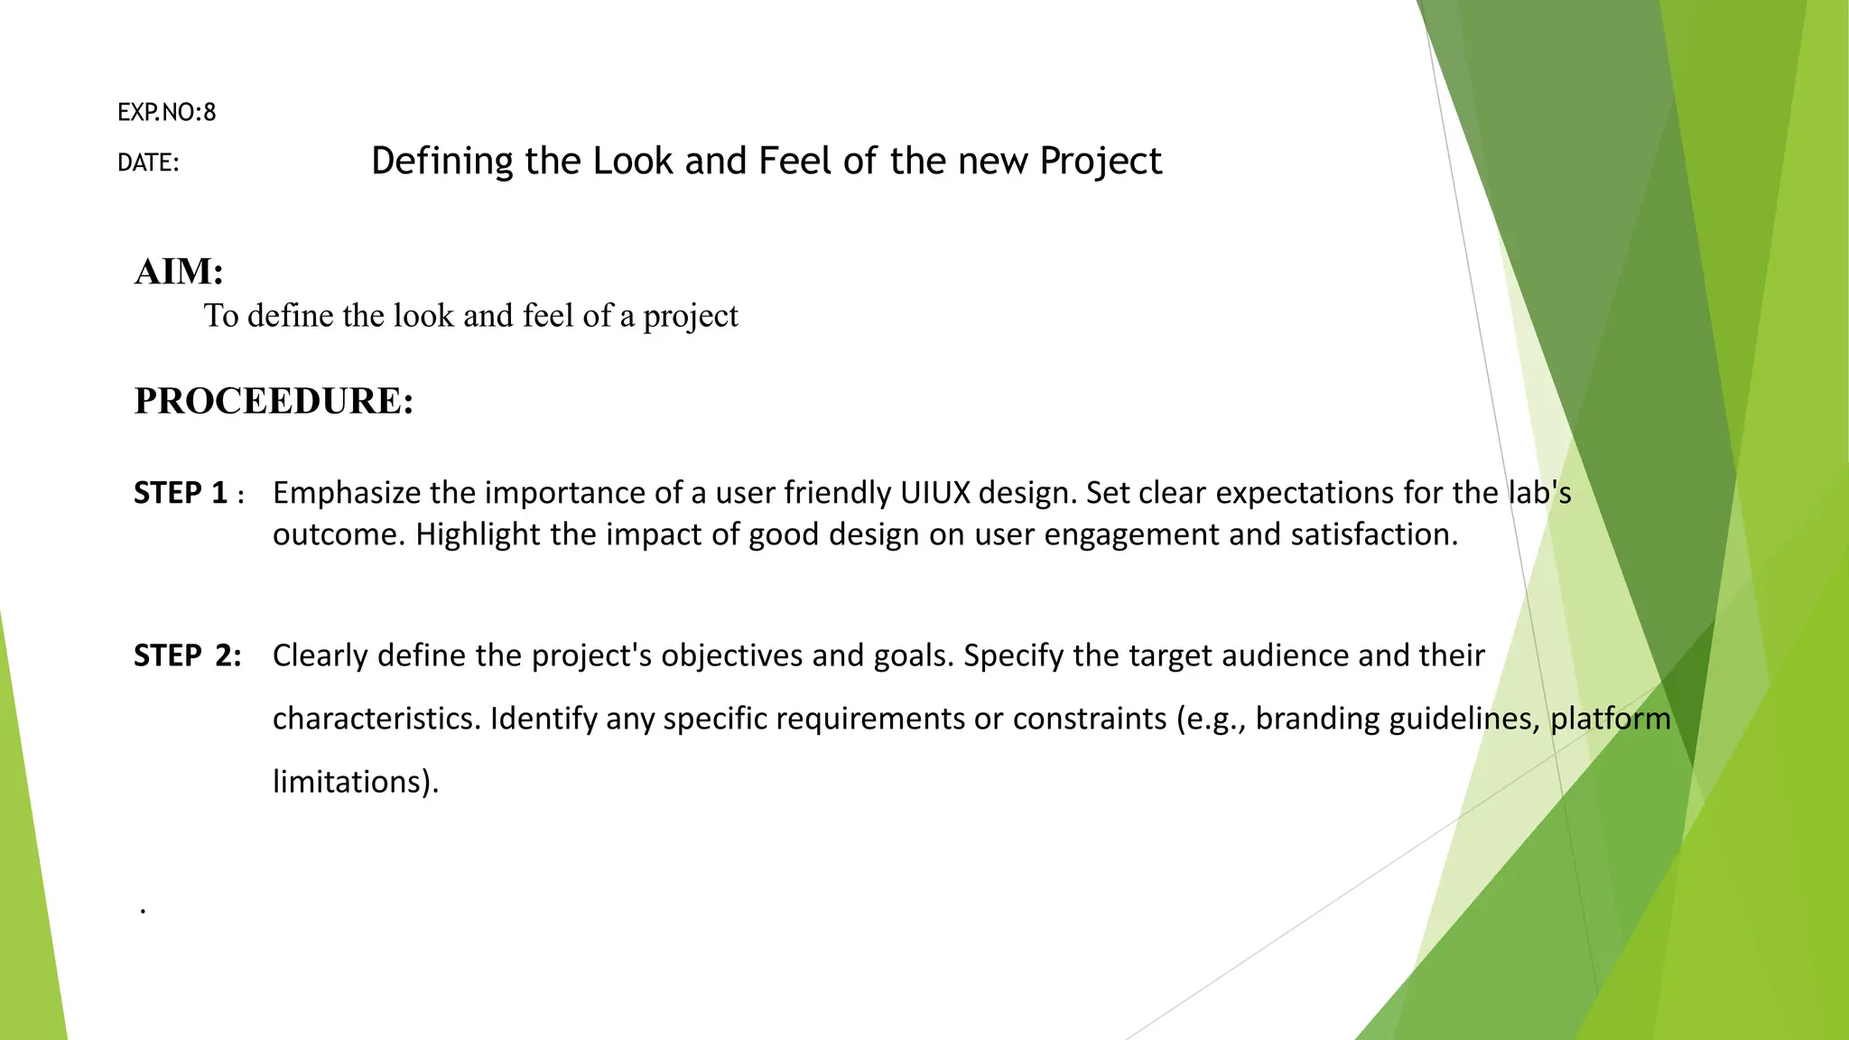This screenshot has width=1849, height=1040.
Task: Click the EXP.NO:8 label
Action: pyautogui.click(x=166, y=113)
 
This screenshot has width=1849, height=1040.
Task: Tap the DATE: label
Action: pyautogui.click(x=148, y=163)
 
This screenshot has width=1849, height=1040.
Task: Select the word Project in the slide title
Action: pyautogui.click(x=1100, y=162)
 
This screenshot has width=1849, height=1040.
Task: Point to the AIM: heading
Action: pyautogui.click(x=179, y=272)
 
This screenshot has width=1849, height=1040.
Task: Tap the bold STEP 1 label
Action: pyautogui.click(x=181, y=493)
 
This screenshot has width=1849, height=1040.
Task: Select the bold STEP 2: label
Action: pyautogui.click(x=188, y=655)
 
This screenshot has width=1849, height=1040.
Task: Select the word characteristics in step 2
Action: pyautogui.click(x=376, y=719)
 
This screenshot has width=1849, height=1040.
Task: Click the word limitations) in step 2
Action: pyautogui.click(x=355, y=782)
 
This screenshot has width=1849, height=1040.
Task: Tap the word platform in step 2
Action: pyautogui.click(x=1610, y=719)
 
